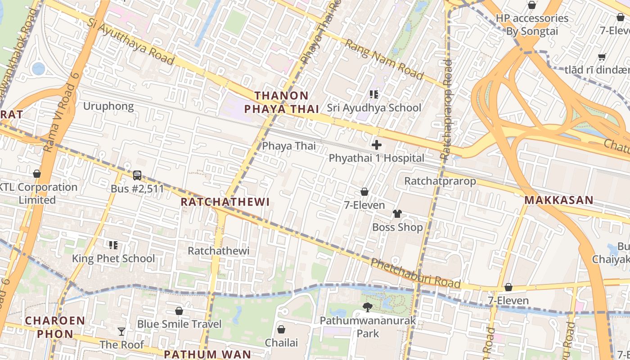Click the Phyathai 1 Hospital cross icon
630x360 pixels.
[377, 145]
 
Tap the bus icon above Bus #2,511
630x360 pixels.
[137, 175]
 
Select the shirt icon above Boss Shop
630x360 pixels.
[397, 213]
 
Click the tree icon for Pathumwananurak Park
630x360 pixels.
[368, 307]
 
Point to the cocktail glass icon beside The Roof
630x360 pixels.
[121, 332]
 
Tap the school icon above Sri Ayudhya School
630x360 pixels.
[373, 94]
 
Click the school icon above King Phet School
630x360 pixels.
[113, 245]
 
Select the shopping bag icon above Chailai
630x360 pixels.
[281, 329]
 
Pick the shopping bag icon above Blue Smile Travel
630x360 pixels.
[179, 311]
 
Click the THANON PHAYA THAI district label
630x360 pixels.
[281, 102]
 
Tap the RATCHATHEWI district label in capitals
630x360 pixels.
[225, 202]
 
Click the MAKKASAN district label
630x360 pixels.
[559, 200]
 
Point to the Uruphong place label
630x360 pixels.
[108, 106]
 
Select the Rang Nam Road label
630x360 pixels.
[384, 59]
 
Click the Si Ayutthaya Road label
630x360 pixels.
[130, 42]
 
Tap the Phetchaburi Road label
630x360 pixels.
[416, 274]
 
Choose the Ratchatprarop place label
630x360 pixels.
[440, 181]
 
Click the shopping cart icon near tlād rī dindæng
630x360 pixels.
[602, 57]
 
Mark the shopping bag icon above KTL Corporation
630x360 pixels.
[37, 174]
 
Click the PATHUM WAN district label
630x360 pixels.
[207, 354]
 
